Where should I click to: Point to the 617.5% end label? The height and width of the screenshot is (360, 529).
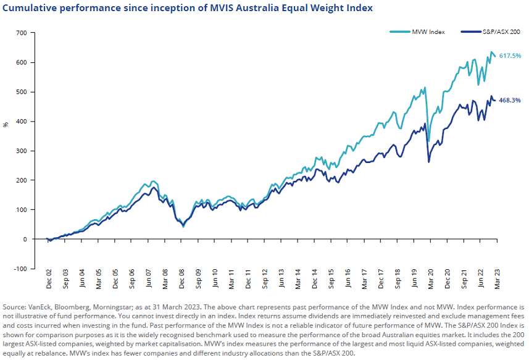510,56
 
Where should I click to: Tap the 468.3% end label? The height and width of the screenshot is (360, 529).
510,100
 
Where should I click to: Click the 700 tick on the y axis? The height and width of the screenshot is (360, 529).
22,33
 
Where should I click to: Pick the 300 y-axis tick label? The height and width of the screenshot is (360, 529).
22,151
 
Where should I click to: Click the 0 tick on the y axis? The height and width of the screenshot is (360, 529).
25,239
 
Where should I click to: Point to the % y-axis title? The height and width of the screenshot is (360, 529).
6,124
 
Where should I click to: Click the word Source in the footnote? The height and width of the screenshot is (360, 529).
15,307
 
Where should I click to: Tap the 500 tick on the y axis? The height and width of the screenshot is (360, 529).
22,92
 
